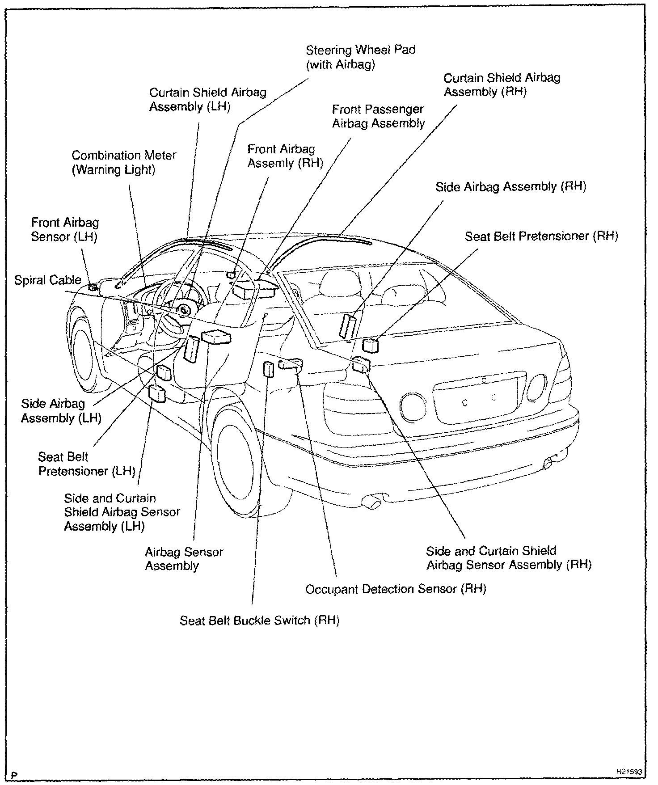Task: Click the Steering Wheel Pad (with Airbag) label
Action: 360,57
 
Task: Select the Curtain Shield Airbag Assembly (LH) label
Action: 207,99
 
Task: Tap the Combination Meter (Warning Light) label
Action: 124,162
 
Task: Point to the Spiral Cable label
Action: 48,280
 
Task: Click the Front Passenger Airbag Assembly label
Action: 378,116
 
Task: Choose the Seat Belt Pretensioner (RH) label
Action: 541,236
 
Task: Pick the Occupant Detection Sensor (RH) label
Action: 395,589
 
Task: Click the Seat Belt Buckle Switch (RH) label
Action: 259,620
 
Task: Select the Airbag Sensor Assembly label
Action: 184,559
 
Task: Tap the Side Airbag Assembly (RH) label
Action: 510,186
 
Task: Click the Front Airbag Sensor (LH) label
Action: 65,229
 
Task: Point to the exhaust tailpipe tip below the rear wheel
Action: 372,501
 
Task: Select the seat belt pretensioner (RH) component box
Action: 370,346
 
